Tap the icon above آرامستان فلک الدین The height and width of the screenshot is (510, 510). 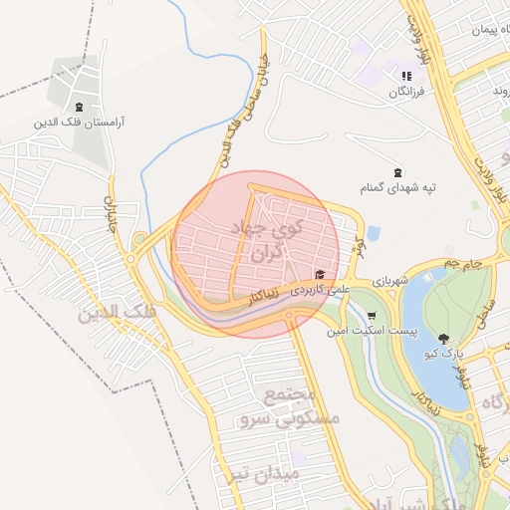coord(78,107)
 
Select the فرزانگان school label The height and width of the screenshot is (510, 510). coord(405,92)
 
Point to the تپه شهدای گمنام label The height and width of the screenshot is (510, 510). coord(398,186)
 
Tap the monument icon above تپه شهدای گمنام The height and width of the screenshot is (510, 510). coord(398,171)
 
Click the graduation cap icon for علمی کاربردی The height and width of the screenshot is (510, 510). coord(320,275)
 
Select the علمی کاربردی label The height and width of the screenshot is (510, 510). coord(319,291)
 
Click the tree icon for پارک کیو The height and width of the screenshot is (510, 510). coord(443,339)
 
